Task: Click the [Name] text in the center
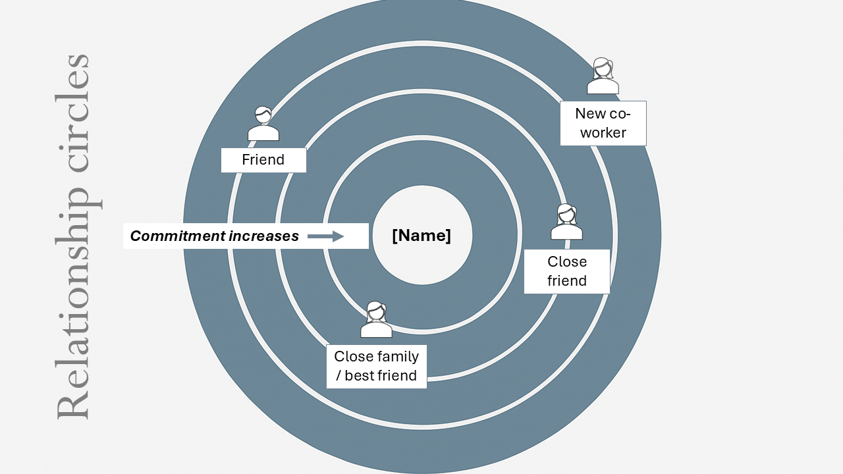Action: (421, 236)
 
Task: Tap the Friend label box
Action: (263, 160)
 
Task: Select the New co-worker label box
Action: (603, 123)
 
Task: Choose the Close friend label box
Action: (566, 271)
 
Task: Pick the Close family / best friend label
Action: (376, 366)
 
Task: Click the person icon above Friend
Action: (263, 124)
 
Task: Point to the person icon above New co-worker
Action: (603, 76)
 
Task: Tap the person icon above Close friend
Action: (566, 222)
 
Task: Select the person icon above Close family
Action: (376, 320)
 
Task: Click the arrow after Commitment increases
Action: (326, 236)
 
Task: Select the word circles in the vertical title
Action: (72, 112)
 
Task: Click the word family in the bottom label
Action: (398, 357)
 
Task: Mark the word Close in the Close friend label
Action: (566, 261)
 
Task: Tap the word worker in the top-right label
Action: (603, 132)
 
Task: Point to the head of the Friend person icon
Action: (263, 115)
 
